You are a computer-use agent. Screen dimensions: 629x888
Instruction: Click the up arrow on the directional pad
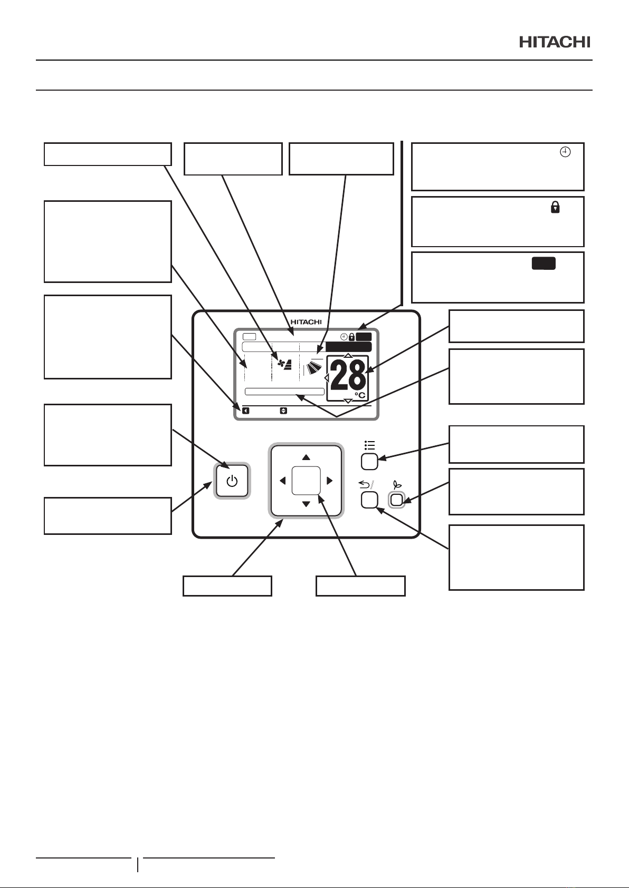[306, 457]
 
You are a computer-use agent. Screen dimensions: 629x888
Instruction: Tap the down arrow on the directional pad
[306, 504]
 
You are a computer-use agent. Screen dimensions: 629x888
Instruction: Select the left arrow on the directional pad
[282, 481]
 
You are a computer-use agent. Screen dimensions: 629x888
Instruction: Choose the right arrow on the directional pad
[329, 481]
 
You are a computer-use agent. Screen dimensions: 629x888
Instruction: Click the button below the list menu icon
[369, 462]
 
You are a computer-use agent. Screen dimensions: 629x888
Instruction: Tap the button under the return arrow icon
[369, 500]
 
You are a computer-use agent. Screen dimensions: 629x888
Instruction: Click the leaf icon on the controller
[397, 484]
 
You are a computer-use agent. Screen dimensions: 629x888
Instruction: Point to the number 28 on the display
[348, 375]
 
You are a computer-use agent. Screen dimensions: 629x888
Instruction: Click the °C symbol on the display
[360, 395]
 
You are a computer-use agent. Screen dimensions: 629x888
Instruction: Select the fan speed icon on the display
[285, 364]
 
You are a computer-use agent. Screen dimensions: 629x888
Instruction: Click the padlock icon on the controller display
[351, 337]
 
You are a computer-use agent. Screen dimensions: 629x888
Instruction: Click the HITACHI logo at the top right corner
[555, 42]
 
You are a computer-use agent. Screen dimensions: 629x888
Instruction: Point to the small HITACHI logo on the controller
[306, 322]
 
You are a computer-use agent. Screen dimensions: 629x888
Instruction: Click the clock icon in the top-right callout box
[565, 152]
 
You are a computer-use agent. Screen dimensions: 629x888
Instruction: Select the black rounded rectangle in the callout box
[544, 264]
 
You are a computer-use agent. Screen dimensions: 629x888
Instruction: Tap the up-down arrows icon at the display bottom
[283, 411]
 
